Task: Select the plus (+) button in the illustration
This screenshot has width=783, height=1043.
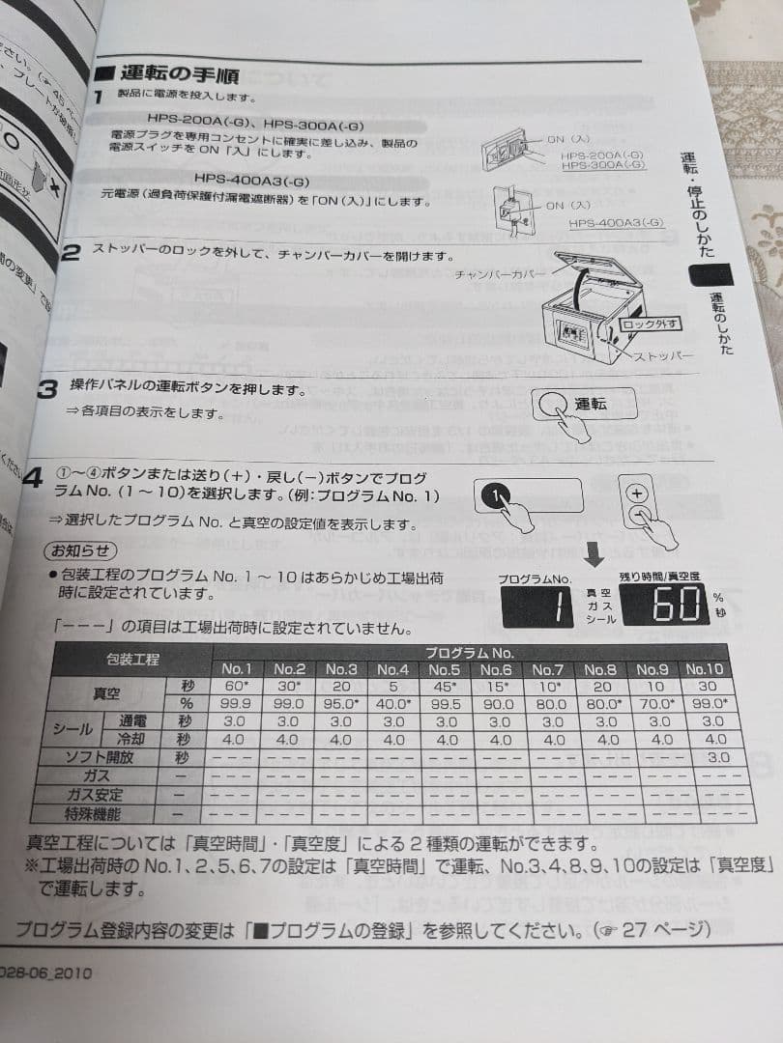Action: click(636, 493)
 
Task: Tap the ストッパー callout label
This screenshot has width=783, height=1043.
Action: click(664, 356)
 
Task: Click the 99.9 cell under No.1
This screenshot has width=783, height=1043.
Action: click(237, 704)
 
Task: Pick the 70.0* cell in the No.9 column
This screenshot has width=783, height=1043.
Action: click(658, 704)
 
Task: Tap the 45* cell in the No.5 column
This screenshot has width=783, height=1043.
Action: click(446, 687)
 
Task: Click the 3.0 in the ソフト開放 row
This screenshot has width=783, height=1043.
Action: click(717, 758)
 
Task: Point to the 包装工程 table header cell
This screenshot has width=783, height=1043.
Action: click(132, 661)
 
